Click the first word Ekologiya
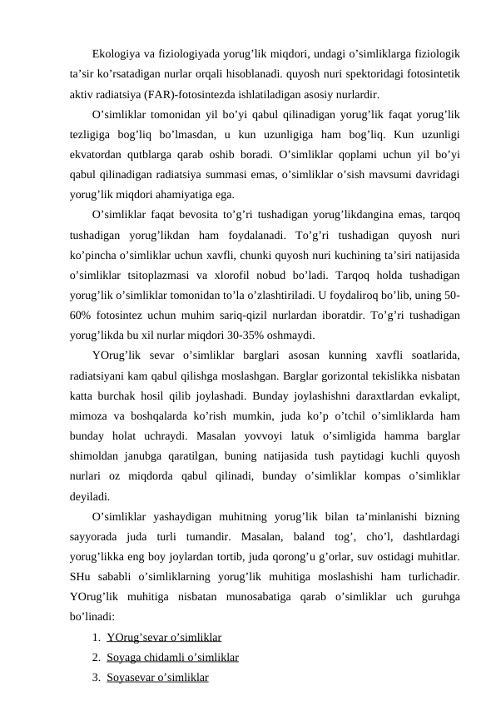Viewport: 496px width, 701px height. coord(117,34)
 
